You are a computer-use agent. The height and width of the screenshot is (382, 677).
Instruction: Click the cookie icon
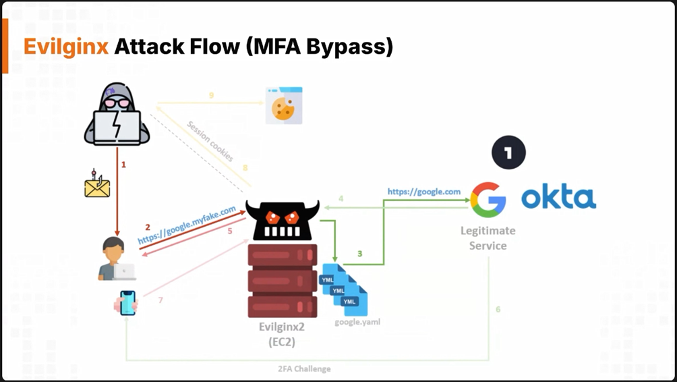coord(284,105)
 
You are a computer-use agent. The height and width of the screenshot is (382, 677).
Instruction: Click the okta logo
coord(559,198)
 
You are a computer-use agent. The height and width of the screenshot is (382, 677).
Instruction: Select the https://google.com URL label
coord(424,192)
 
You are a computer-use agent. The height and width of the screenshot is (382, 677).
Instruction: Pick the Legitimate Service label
coord(488,238)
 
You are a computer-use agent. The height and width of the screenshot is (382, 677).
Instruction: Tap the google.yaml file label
coord(357,322)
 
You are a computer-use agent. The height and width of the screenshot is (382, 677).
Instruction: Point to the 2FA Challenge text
coord(304,369)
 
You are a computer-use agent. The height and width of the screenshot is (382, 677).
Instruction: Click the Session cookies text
coord(210,141)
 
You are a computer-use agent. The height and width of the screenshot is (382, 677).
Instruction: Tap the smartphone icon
coord(127,303)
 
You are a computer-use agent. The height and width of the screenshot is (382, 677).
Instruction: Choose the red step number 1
coord(123,164)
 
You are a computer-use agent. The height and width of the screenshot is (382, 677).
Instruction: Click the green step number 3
coord(359,254)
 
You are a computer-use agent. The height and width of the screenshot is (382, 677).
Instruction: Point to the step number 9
coord(211,96)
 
